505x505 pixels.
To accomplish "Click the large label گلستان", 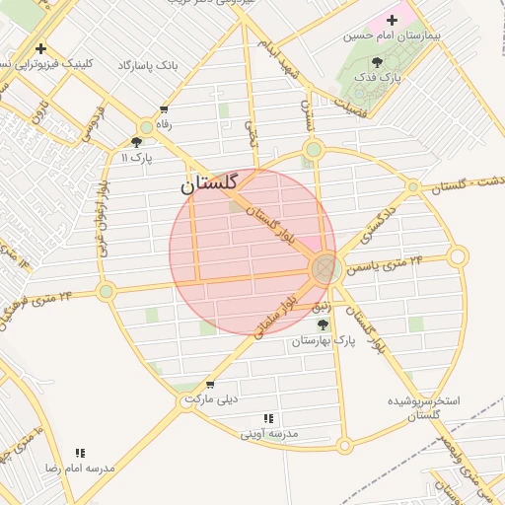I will tap(211, 183).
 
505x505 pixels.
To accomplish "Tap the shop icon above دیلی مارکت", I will tap(210, 385).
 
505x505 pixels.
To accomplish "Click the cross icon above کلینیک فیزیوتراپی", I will tap(40, 48).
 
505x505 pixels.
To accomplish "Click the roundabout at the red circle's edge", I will tap(325, 268).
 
